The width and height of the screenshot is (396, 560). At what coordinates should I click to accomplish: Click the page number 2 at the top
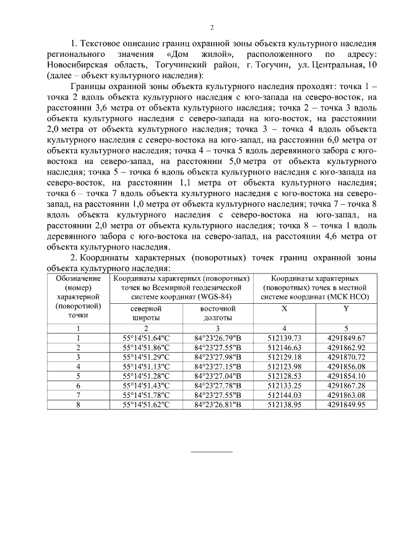click(211, 27)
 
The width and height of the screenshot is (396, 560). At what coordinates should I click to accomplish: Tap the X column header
click(284, 308)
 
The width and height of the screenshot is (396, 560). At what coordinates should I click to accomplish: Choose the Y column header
click(346, 308)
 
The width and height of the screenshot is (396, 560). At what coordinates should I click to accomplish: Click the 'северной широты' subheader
click(146, 312)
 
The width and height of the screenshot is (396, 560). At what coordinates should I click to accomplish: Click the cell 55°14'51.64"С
click(146, 338)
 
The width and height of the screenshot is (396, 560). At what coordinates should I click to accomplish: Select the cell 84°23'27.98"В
click(218, 356)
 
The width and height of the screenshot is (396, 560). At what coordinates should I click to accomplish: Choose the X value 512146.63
click(284, 347)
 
